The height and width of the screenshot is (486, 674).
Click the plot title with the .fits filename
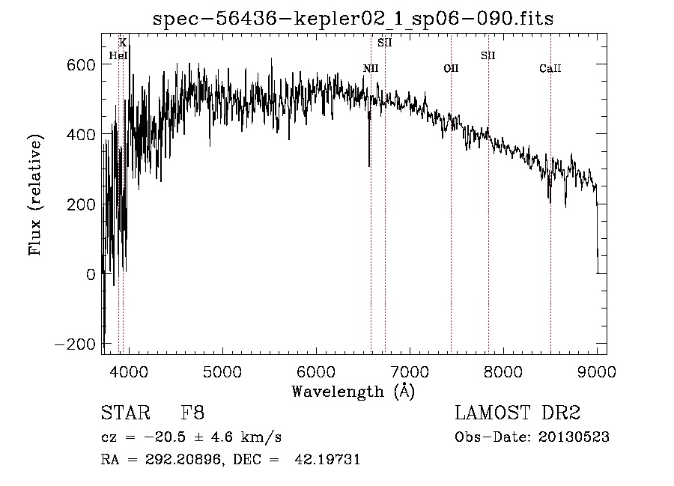353,18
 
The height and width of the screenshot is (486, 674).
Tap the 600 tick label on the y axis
80,64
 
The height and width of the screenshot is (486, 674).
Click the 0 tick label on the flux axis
91,274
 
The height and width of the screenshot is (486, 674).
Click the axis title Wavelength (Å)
353,390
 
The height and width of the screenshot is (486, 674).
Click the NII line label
371,69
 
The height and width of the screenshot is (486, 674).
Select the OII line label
451,69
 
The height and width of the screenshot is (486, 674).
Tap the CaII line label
550,69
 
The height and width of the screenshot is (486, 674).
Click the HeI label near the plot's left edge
118,55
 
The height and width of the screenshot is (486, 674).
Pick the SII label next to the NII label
385,43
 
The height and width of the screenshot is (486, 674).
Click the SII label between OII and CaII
488,55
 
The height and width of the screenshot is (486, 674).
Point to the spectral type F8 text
192,413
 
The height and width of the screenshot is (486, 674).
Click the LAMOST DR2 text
517,413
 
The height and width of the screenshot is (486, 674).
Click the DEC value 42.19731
330,460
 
